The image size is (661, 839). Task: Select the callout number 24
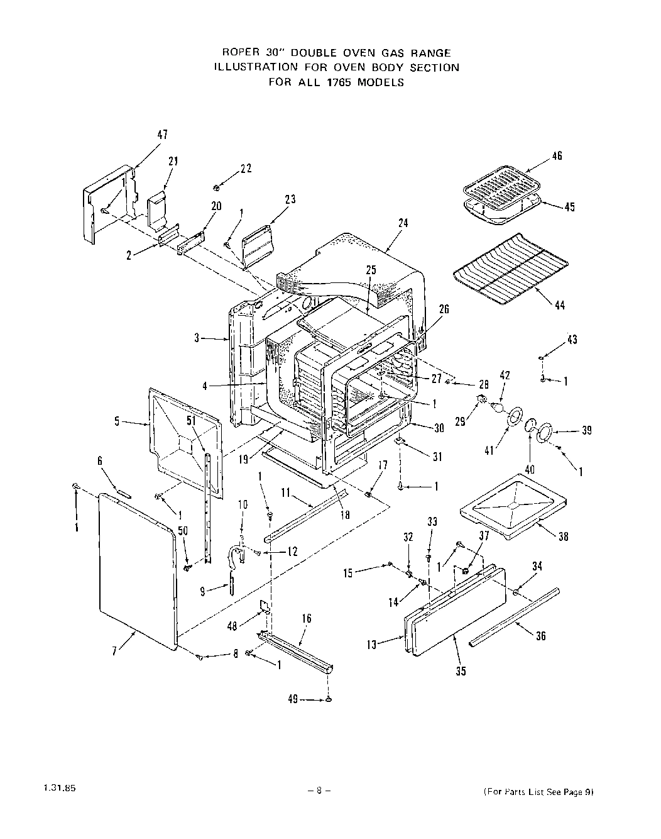(403, 223)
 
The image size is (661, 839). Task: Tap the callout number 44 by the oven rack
(559, 306)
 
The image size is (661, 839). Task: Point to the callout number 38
(563, 536)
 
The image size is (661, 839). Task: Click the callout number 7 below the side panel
(114, 651)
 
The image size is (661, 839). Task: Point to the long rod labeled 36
(513, 616)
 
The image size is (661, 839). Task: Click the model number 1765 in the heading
(339, 82)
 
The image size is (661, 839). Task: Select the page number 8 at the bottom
(319, 792)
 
